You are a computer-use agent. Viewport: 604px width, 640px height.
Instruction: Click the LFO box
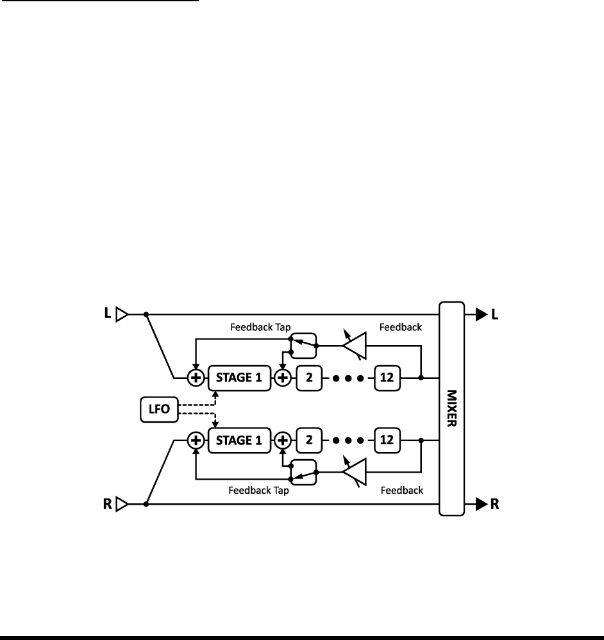tap(158, 409)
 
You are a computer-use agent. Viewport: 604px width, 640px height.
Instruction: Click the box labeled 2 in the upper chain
tap(309, 378)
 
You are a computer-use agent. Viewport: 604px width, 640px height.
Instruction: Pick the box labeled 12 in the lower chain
tap(387, 441)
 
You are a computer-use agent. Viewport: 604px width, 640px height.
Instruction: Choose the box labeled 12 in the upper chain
tap(387, 378)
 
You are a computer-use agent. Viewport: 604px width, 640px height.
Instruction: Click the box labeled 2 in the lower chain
tap(309, 441)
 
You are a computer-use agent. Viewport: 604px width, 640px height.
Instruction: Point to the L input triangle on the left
tap(122, 315)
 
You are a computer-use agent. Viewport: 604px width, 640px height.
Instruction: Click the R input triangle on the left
tap(122, 505)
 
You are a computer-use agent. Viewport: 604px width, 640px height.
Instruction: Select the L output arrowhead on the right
tap(481, 315)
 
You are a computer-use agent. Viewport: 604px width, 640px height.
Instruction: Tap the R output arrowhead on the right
tap(481, 505)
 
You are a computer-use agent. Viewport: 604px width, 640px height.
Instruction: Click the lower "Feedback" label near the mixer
tap(401, 491)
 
